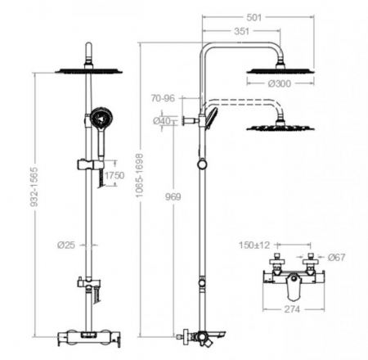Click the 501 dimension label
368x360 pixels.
pyautogui.click(x=254, y=17)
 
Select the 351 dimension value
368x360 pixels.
pyautogui.click(x=242, y=31)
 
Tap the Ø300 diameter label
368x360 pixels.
pyautogui.click(x=280, y=83)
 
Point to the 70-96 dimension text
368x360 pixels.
pyautogui.click(x=163, y=98)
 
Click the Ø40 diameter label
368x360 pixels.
pyautogui.click(x=162, y=120)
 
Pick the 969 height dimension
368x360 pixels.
pyautogui.click(x=173, y=196)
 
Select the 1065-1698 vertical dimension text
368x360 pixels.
pyautogui.click(x=139, y=175)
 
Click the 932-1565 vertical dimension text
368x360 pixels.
pyautogui.click(x=34, y=187)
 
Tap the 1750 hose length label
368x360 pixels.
pyautogui.click(x=114, y=175)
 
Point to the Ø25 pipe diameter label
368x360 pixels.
pyautogui.click(x=66, y=245)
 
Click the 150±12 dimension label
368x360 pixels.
pyautogui.click(x=254, y=245)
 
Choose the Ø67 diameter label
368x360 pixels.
pyautogui.click(x=337, y=257)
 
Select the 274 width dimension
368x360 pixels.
pyautogui.click(x=292, y=309)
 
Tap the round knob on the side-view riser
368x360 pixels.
pyautogui.click(x=202, y=164)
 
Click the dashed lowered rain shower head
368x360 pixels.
pyautogui.click(x=280, y=127)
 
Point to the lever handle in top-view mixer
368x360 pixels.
pyautogui.click(x=293, y=286)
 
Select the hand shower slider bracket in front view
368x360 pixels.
pyautogui.click(x=91, y=164)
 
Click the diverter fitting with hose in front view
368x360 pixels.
pyautogui.click(x=88, y=283)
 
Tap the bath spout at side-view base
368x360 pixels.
pyautogui.click(x=217, y=334)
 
